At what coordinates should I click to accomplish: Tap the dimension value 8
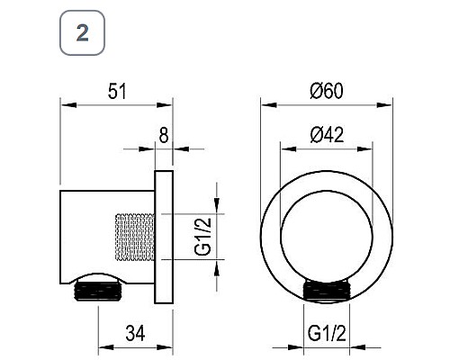pos(163,136)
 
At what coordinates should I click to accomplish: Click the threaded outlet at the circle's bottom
pos(328,290)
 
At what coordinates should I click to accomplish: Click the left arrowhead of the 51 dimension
pos(65,105)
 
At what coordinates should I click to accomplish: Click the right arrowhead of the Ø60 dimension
pos(391,105)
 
